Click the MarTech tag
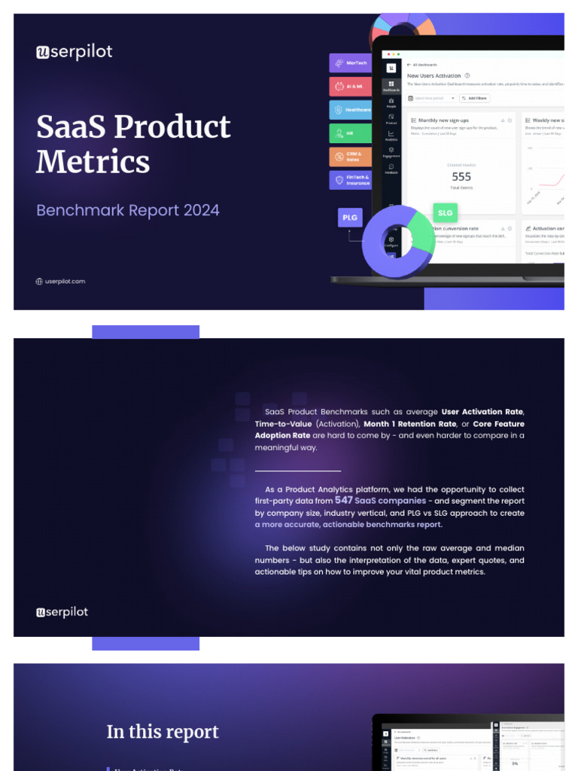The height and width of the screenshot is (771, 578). click(x=350, y=63)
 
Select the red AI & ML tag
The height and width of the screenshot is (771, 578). click(x=350, y=87)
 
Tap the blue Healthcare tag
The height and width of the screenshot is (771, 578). click(x=350, y=110)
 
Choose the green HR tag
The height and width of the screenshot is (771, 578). click(x=350, y=133)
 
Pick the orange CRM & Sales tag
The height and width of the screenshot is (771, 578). click(x=350, y=157)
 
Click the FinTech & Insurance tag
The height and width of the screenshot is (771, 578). click(x=350, y=180)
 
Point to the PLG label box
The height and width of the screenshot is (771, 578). click(x=350, y=218)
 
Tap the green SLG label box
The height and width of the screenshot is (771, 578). click(x=445, y=213)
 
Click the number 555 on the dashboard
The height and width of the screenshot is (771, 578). click(x=461, y=177)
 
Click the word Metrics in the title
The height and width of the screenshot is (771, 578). click(x=93, y=162)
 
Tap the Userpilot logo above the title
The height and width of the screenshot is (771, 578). click(x=74, y=52)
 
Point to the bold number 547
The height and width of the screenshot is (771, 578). click(x=344, y=500)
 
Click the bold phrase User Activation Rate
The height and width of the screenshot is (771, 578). click(x=482, y=412)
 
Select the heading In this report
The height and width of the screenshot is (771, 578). click(x=163, y=732)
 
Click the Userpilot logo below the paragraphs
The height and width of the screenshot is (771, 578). click(x=62, y=612)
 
